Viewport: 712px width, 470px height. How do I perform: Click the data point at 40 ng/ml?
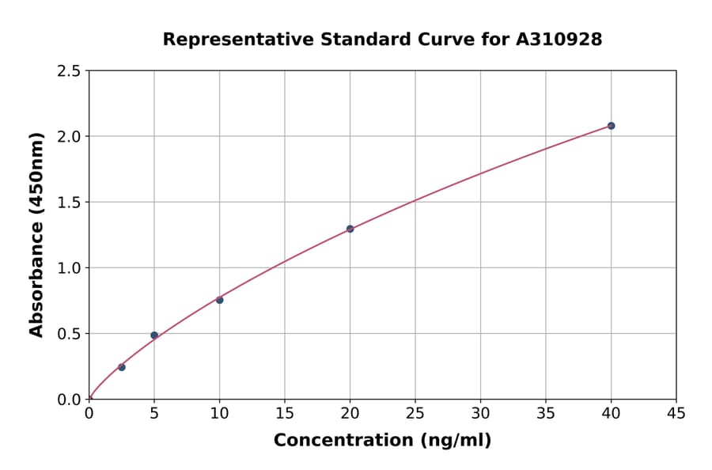pyautogui.click(x=611, y=126)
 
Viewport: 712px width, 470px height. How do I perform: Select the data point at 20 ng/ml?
pyautogui.click(x=350, y=229)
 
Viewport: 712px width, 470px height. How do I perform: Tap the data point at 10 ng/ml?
pyautogui.click(x=219, y=300)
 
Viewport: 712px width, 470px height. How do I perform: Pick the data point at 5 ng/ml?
pyautogui.click(x=154, y=335)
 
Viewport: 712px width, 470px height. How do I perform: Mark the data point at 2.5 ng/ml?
pyautogui.click(x=122, y=367)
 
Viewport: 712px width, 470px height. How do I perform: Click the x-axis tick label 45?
pyautogui.click(x=676, y=413)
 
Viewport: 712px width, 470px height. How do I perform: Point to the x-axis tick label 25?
pyautogui.click(x=415, y=413)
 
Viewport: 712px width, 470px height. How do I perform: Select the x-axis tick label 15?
pyautogui.click(x=285, y=413)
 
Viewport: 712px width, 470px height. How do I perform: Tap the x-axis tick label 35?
pyautogui.click(x=546, y=413)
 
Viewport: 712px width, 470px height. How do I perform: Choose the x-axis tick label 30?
pyautogui.click(x=480, y=413)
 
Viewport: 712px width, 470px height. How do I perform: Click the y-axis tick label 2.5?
pyautogui.click(x=69, y=71)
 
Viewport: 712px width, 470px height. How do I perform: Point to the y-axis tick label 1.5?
pyautogui.click(x=69, y=203)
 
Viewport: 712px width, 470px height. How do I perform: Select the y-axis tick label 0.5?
pyautogui.click(x=69, y=334)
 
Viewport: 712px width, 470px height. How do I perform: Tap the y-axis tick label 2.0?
pyautogui.click(x=69, y=137)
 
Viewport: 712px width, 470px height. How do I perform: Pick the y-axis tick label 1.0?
pyautogui.click(x=69, y=268)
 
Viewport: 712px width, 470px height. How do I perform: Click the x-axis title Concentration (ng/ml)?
pyautogui.click(x=382, y=441)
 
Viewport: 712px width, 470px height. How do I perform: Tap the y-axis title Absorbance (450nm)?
pyautogui.click(x=36, y=235)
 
